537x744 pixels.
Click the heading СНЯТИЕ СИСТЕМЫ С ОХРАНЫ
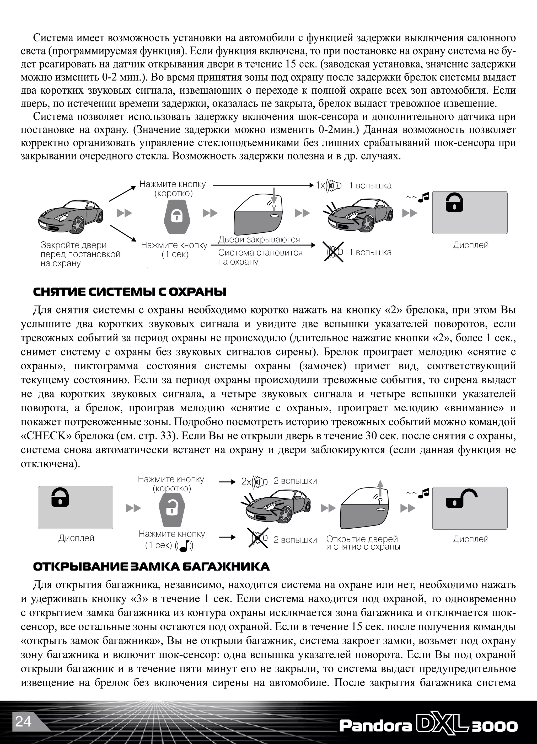(130, 292)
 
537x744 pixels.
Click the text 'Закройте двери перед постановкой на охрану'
(80, 254)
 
